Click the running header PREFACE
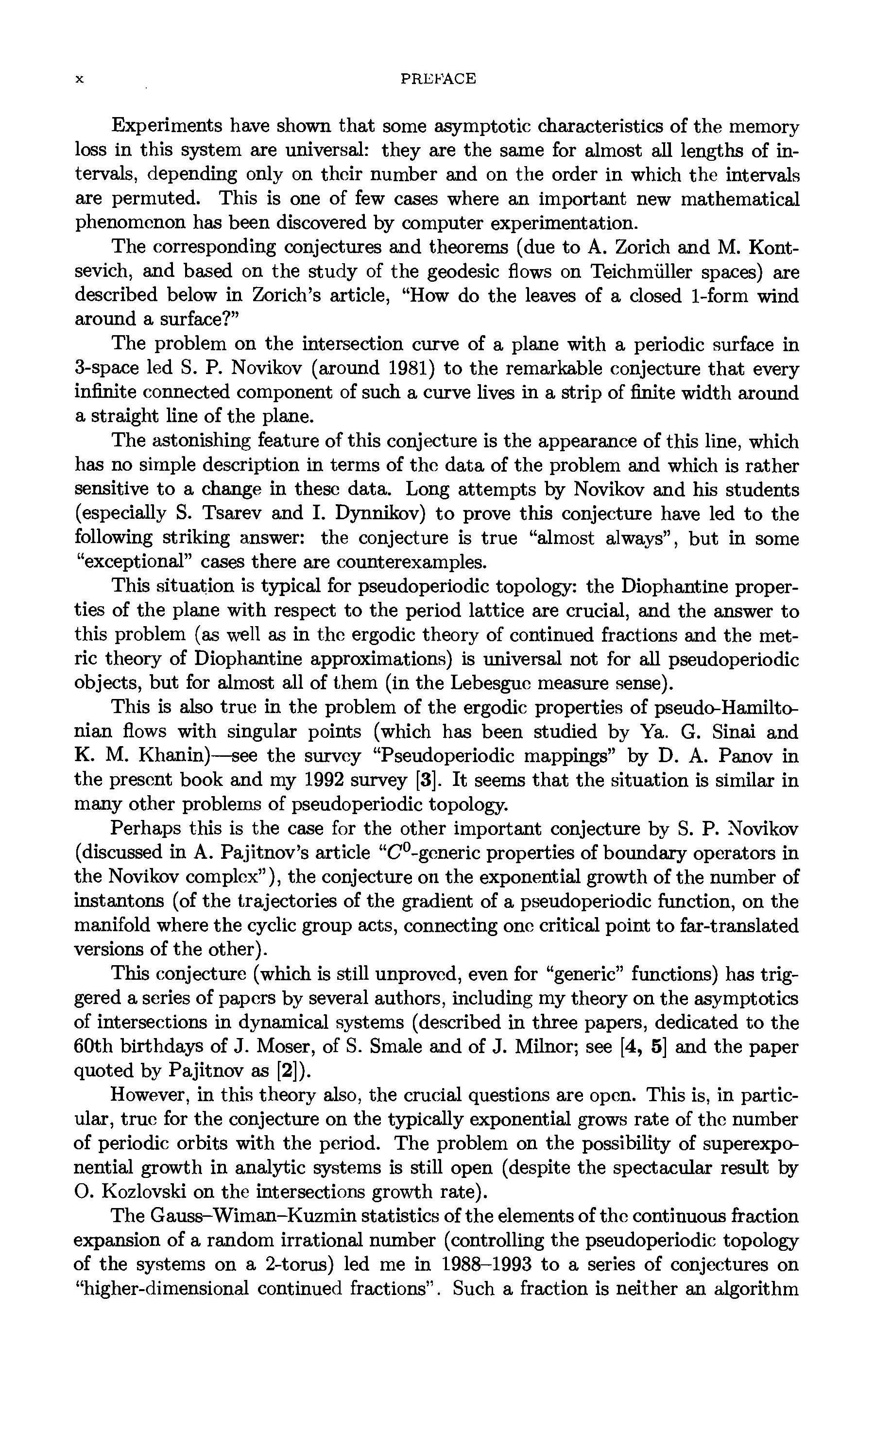pos(437,79)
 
